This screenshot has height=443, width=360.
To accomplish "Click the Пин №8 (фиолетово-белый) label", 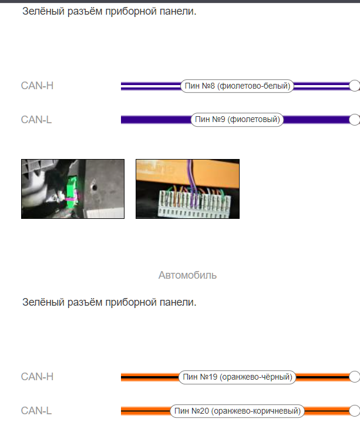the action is pyautogui.click(x=237, y=86).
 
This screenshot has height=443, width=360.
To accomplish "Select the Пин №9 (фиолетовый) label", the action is pyautogui.click(x=237, y=120).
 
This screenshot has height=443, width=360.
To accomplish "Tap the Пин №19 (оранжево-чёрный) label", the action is pyautogui.click(x=237, y=377).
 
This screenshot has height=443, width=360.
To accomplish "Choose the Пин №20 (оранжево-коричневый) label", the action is pyautogui.click(x=237, y=411).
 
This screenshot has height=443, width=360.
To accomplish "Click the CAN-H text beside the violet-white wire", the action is pyautogui.click(x=37, y=86).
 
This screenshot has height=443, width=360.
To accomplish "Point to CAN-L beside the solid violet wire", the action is pyautogui.click(x=36, y=120).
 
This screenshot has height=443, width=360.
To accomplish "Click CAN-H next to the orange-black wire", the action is pyautogui.click(x=37, y=377).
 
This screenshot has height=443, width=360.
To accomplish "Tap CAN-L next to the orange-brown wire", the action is pyautogui.click(x=36, y=411).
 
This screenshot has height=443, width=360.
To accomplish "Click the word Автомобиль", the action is pyautogui.click(x=187, y=275).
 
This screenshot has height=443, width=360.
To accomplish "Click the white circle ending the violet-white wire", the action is pyautogui.click(x=355, y=86).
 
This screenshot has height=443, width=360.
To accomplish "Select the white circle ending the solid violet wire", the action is pyautogui.click(x=355, y=120).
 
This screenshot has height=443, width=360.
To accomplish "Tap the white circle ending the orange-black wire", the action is pyautogui.click(x=355, y=377).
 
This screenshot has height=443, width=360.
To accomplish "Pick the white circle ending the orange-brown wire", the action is pyautogui.click(x=355, y=411).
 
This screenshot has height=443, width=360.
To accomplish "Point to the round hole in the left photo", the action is pyautogui.click(x=94, y=187).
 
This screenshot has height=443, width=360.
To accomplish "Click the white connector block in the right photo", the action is pyautogui.click(x=194, y=203).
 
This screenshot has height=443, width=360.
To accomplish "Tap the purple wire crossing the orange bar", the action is pyautogui.click(x=191, y=173).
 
